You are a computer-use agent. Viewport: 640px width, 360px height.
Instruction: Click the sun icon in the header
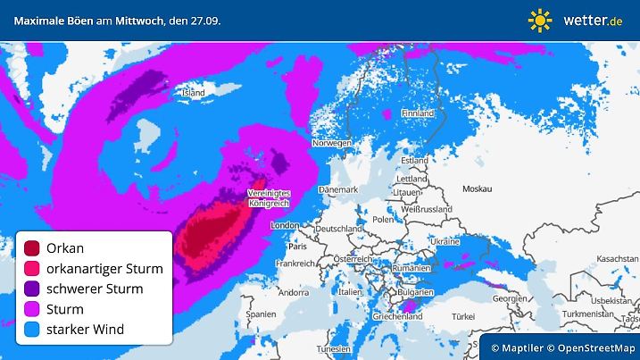click(540, 20)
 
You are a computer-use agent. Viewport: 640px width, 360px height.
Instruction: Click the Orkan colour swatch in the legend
click(32, 248)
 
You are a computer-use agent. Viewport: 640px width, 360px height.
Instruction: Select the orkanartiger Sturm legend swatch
click(32, 269)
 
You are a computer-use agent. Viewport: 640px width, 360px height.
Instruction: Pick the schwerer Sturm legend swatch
click(32, 289)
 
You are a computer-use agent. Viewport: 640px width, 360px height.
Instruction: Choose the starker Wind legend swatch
click(32, 330)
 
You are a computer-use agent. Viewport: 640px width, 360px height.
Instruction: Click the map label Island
click(193, 92)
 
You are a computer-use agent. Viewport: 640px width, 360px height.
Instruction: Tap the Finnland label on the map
click(417, 113)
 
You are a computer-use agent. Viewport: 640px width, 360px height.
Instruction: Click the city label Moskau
click(478, 188)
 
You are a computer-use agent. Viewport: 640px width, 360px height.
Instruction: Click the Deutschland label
click(338, 229)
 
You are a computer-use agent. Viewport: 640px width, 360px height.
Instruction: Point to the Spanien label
click(261, 314)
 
